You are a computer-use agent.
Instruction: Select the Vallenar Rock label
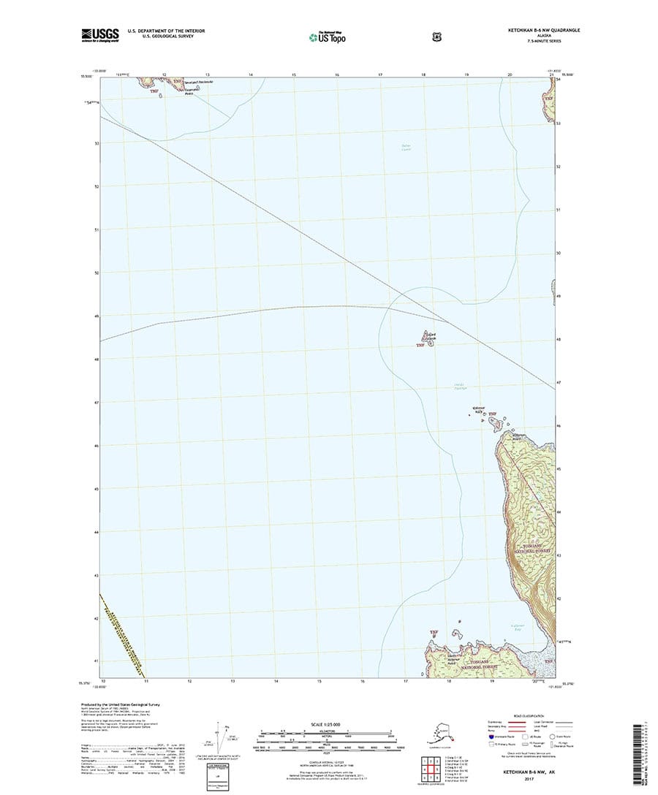(480, 412)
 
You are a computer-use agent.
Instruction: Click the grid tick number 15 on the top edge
(293, 75)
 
